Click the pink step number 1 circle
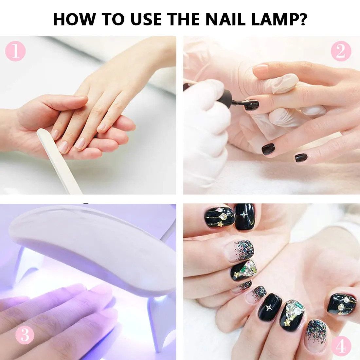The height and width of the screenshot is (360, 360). click(x=15, y=51)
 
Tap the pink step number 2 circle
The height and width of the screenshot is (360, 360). click(x=341, y=51)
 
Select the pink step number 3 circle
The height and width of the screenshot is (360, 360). click(x=25, y=335)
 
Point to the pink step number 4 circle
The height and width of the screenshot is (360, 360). click(x=341, y=346)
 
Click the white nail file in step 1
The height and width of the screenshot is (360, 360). click(x=59, y=161)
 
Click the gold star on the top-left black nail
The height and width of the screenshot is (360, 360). click(x=220, y=224)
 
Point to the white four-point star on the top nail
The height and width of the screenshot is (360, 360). click(x=243, y=215)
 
